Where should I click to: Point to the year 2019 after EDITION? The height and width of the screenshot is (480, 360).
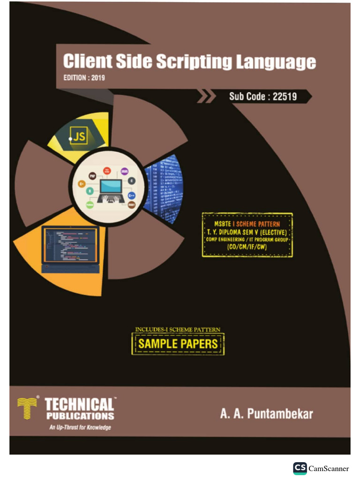(95, 78)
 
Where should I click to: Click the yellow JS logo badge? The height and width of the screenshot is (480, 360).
(78, 136)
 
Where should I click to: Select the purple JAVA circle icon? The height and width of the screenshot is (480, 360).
(125, 172)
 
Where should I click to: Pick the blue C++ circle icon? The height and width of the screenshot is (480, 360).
(132, 195)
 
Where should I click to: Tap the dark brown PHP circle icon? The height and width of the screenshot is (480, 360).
(92, 174)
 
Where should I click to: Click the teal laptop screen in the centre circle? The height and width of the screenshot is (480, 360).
(111, 187)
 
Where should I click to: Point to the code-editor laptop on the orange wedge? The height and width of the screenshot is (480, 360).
(70, 249)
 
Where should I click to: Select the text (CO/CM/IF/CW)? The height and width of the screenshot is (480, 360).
(247, 247)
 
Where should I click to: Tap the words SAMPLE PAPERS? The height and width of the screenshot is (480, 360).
(178, 344)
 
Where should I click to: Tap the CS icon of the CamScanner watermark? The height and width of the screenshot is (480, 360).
(300, 468)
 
